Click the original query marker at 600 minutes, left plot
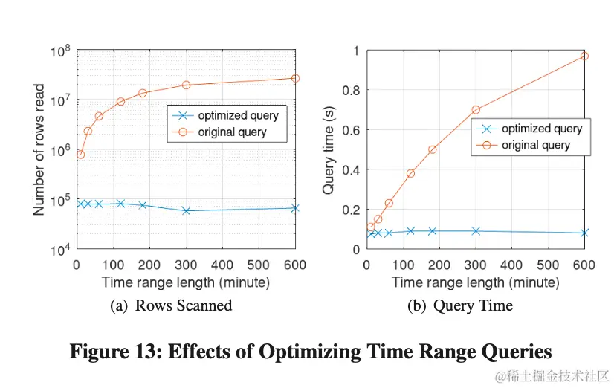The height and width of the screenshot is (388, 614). (295, 78)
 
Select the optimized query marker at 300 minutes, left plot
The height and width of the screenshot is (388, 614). (186, 211)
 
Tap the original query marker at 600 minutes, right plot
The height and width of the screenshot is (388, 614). (584, 56)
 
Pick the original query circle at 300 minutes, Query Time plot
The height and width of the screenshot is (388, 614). (476, 110)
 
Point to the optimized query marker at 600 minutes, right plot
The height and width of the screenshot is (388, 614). (584, 233)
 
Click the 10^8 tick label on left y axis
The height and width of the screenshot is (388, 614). (60, 51)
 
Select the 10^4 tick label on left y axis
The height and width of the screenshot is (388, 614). (60, 250)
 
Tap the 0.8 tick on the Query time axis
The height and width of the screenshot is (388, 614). (349, 91)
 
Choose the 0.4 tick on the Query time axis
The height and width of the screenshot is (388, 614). (349, 170)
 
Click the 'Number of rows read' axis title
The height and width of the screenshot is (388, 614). (39, 149)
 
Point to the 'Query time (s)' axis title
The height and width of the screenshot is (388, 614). (328, 149)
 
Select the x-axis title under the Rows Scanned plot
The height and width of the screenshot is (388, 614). (185, 282)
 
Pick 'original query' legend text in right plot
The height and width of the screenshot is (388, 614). (536, 145)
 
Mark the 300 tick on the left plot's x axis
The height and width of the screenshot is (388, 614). (186, 265)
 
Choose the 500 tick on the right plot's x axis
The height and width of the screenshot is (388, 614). (548, 265)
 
